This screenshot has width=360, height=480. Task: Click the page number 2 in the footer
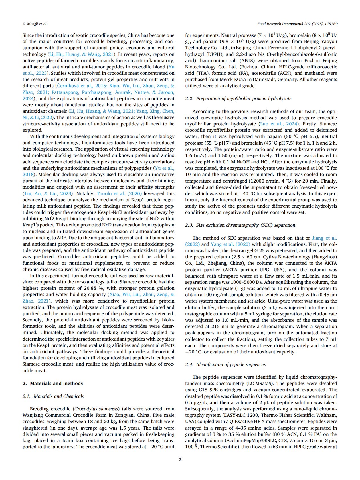point(180,459)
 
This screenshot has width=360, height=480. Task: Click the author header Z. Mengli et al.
point(35,24)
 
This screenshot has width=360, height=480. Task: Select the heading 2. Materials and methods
point(53,383)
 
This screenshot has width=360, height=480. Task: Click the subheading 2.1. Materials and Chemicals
point(53,396)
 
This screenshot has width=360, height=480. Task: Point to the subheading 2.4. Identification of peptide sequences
point(225,364)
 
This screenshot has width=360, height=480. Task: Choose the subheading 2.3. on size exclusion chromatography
point(240,225)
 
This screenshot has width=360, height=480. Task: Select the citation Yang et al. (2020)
point(230,244)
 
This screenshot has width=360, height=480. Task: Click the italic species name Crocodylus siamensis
point(96,409)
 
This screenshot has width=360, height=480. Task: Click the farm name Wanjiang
point(33,415)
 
